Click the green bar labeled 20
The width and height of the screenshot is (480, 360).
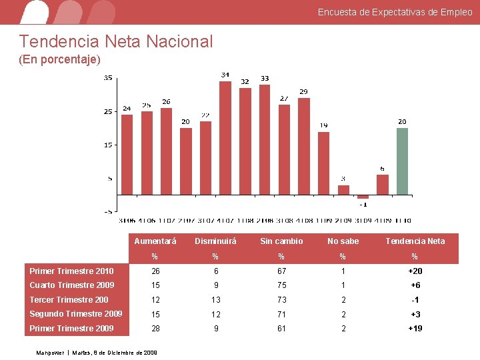(402, 161)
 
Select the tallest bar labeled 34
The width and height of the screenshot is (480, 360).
(225, 137)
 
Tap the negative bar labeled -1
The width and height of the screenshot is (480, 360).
(363, 197)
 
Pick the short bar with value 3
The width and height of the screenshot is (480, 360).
(343, 189)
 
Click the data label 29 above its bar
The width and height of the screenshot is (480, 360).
(303, 91)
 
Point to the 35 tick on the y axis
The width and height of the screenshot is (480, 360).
(108, 78)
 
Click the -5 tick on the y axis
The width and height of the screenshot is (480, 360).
(108, 211)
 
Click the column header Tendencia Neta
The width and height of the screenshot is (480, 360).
(415, 241)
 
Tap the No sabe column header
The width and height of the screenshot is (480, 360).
(343, 241)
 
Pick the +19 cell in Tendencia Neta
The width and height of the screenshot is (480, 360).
(415, 329)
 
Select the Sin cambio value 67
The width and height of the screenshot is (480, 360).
(281, 271)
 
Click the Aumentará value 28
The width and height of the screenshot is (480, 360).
(155, 329)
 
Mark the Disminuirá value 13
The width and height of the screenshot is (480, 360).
(215, 300)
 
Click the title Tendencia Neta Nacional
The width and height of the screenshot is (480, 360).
(116, 42)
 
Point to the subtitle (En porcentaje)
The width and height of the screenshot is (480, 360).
(60, 60)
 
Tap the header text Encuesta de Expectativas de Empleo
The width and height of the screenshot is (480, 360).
(395, 12)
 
